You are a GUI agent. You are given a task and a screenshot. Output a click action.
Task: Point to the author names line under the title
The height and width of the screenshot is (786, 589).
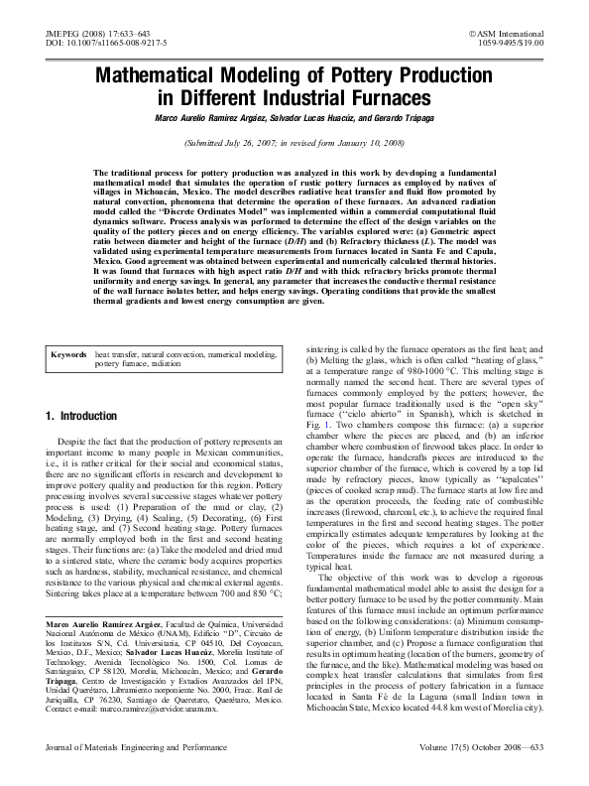click(294, 118)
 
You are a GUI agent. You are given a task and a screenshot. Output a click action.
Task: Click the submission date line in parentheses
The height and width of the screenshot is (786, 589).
click(294, 143)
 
